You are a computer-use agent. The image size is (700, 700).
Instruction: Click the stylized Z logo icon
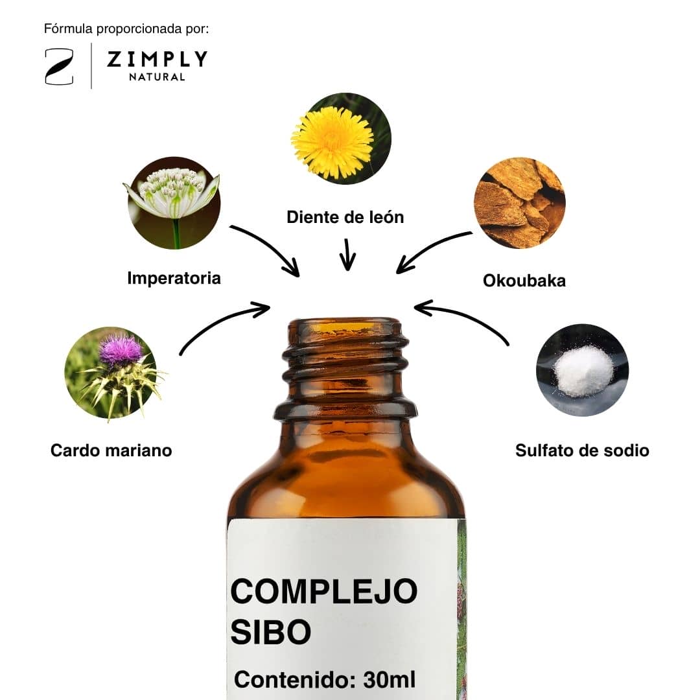[x=59, y=67]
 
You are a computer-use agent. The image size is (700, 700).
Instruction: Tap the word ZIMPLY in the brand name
[x=157, y=60]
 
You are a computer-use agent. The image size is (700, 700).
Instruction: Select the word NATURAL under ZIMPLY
[x=157, y=76]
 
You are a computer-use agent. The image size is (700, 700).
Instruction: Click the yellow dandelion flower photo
[x=341, y=139]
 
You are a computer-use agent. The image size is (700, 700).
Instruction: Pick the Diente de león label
[x=345, y=217]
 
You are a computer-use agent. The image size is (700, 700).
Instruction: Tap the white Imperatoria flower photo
[x=172, y=203]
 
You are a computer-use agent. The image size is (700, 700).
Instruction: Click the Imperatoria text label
[x=174, y=278]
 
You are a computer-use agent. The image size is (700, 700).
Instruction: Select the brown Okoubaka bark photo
[x=520, y=203]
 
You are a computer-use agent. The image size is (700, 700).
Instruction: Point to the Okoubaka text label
[x=524, y=281]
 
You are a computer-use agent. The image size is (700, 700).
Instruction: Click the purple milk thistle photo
[x=113, y=373]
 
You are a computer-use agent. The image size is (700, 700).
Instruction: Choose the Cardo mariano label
[x=111, y=450]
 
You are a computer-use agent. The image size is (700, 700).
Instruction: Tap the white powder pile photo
[x=582, y=370]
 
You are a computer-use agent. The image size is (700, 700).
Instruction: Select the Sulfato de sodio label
[x=582, y=450]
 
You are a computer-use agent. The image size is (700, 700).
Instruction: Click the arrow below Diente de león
[x=347, y=255]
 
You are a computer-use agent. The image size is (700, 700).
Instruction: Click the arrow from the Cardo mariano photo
[x=219, y=321]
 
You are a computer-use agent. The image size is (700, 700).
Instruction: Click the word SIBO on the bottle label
[x=270, y=632]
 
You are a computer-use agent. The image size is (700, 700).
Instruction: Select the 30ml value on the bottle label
[x=390, y=679]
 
